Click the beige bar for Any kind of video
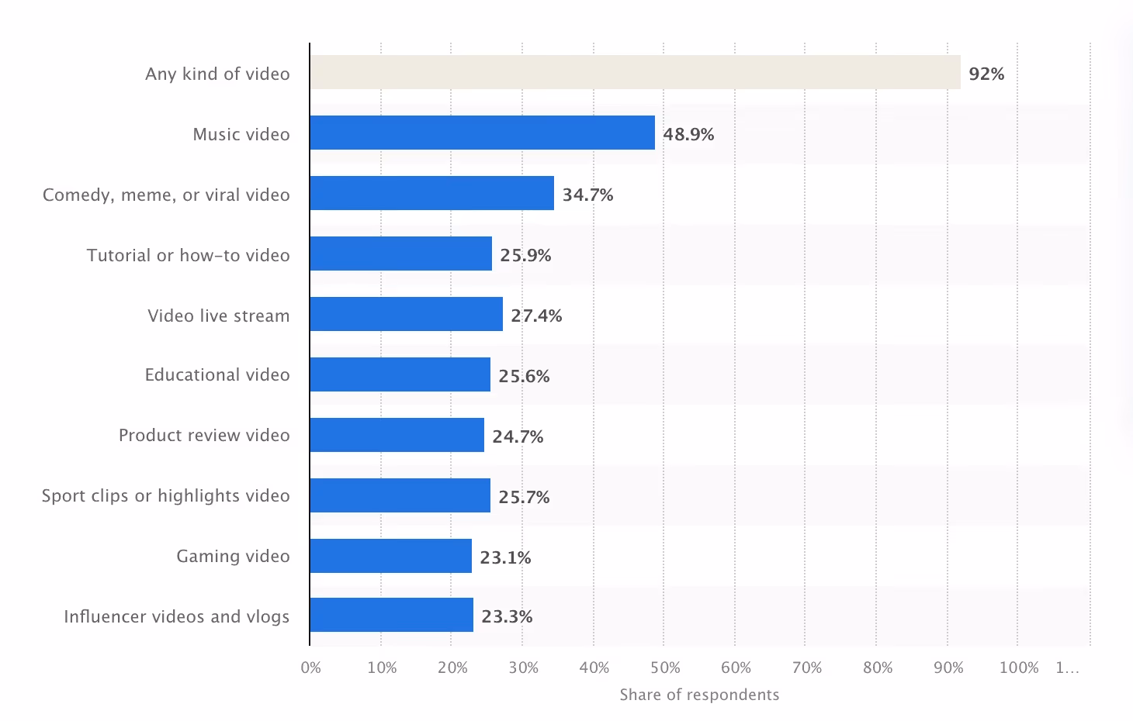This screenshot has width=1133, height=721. [635, 72]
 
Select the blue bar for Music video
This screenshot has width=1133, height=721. [482, 133]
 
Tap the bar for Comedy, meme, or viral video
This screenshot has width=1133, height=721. [431, 193]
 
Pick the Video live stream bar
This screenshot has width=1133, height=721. [406, 314]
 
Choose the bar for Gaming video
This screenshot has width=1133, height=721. [390, 556]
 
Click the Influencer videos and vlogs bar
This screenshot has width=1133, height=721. [391, 615]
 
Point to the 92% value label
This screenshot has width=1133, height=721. [986, 74]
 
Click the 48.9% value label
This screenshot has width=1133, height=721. [688, 134]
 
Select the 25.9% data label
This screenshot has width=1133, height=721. [525, 255]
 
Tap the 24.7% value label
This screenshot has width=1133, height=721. [518, 436]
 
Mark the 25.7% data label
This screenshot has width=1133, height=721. [524, 497]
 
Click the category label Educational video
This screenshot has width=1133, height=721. [217, 374]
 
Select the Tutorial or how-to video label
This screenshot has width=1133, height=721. [188, 255]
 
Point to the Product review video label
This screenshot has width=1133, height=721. [204, 435]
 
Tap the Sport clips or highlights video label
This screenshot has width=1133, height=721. [165, 495]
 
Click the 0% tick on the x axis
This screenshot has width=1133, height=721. [310, 668]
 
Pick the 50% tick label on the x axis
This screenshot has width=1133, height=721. [665, 668]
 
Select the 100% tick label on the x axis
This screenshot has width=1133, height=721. [1019, 668]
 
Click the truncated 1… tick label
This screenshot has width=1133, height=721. [1067, 668]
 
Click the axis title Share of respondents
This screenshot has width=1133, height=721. [699, 695]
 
